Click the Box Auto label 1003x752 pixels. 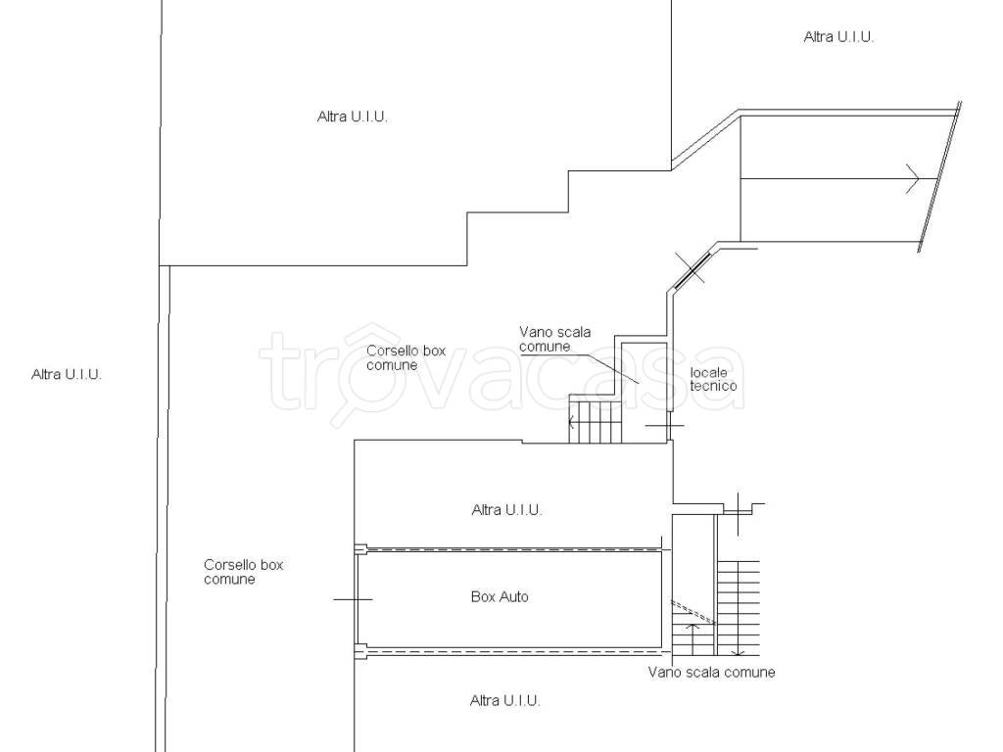pyautogui.click(x=500, y=596)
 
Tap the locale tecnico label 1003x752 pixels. pyautogui.click(x=713, y=379)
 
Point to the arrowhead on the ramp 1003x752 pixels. pyautogui.click(x=913, y=178)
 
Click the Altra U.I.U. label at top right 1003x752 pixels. pyautogui.click(x=838, y=37)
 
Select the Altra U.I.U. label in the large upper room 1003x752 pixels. pyautogui.click(x=353, y=117)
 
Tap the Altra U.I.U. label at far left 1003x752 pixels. pyautogui.click(x=67, y=375)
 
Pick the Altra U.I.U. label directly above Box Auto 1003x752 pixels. pyautogui.click(x=506, y=509)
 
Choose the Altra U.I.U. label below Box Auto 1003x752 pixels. pyautogui.click(x=505, y=701)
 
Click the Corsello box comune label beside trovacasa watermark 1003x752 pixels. pyautogui.click(x=406, y=358)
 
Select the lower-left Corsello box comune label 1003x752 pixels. pyautogui.click(x=243, y=572)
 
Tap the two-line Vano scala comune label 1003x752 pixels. pyautogui.click(x=554, y=339)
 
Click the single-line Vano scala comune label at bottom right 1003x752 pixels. pyautogui.click(x=711, y=672)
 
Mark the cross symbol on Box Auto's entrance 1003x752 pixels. pyautogui.click(x=353, y=599)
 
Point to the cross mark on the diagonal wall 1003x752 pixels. pyautogui.click(x=691, y=266)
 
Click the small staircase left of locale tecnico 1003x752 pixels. pyautogui.click(x=595, y=419)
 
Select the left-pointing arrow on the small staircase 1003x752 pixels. pyautogui.click(x=571, y=421)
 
